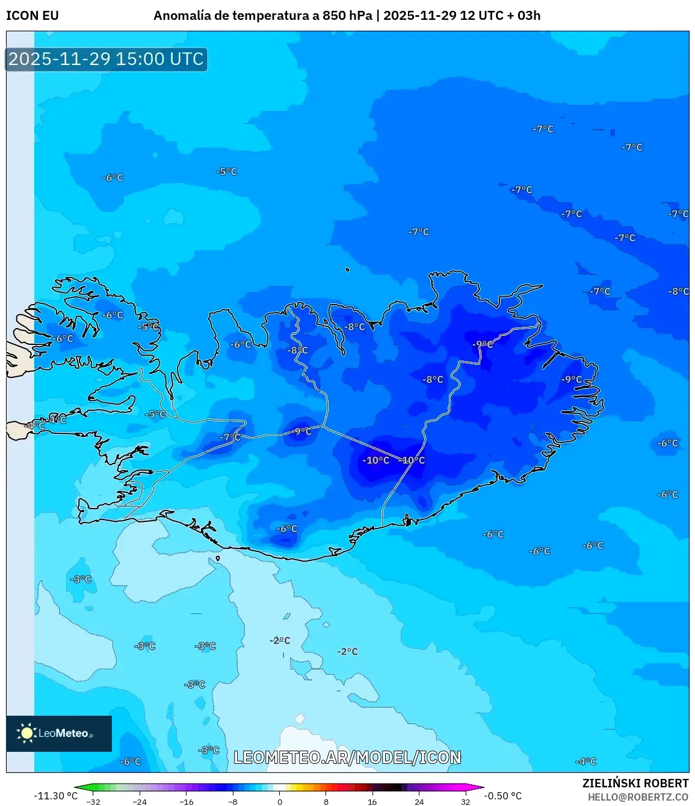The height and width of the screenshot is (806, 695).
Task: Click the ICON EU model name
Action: tap(32, 16)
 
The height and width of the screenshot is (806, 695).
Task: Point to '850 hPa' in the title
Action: tap(347, 16)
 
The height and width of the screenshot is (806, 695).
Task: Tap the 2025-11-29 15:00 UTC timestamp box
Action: tap(107, 59)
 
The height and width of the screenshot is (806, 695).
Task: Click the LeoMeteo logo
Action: tap(58, 733)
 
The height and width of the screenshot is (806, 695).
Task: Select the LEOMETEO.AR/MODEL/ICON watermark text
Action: tap(347, 757)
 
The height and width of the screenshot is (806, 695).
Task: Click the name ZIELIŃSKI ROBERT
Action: tap(635, 783)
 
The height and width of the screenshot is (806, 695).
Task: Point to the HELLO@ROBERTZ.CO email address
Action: tap(638, 797)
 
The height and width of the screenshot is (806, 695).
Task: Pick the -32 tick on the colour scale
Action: tap(93, 801)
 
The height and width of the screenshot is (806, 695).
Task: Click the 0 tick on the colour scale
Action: tap(279, 801)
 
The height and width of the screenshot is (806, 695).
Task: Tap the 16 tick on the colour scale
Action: tap(372, 801)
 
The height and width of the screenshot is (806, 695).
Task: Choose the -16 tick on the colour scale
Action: tap(187, 801)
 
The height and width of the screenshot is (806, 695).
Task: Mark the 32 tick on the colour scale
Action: tap(465, 801)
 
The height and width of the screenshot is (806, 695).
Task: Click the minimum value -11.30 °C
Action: tap(55, 796)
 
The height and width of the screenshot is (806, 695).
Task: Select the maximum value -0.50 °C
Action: tap(503, 796)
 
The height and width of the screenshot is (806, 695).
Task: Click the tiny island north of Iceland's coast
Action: tap(348, 270)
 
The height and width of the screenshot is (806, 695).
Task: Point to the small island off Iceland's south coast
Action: tap(218, 559)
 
